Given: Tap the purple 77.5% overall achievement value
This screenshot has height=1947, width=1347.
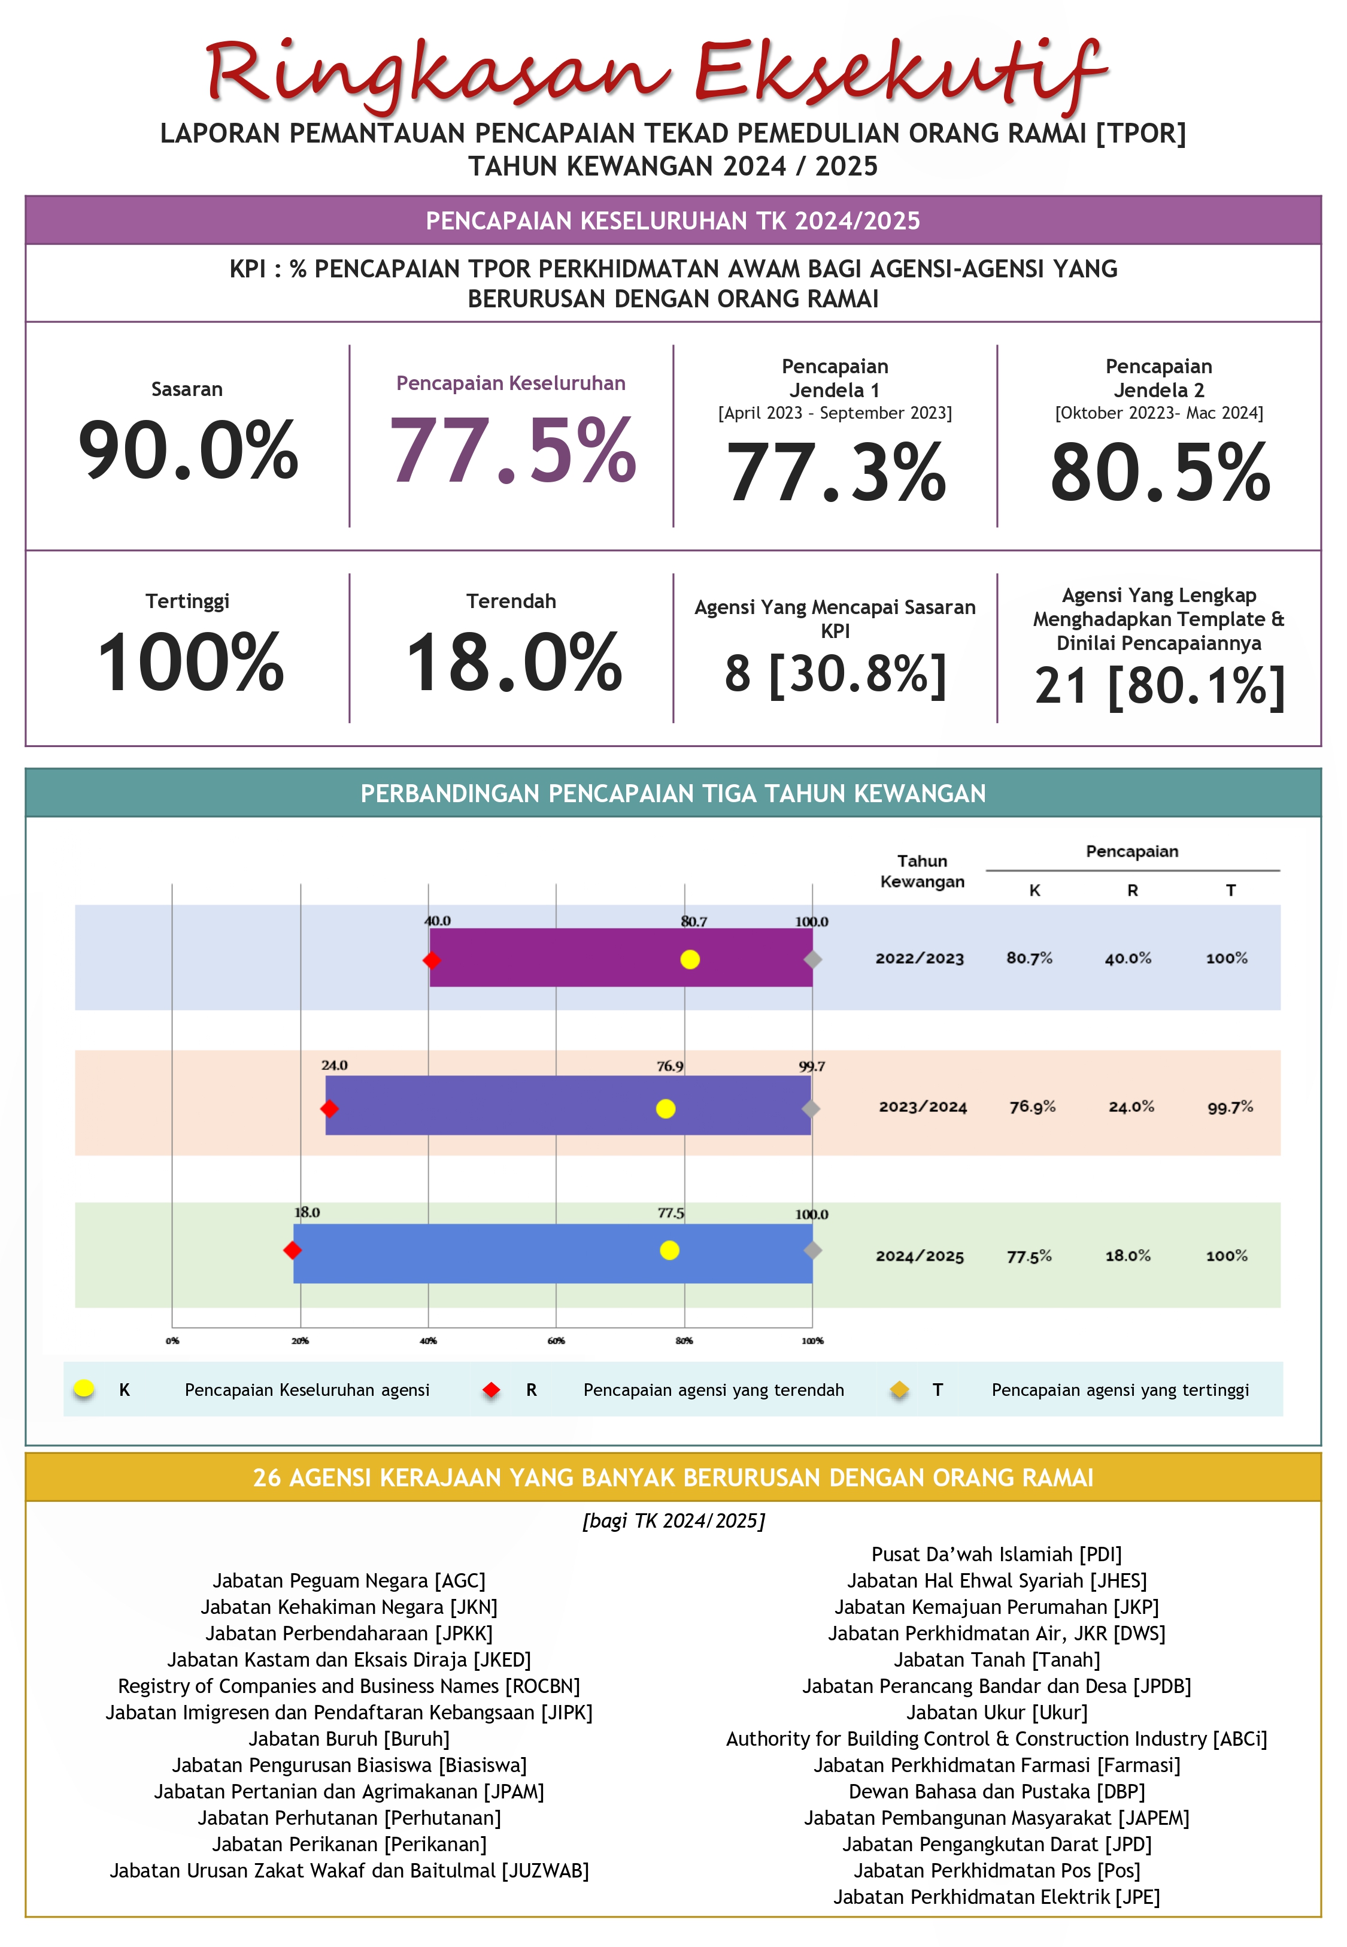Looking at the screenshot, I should [x=511, y=451].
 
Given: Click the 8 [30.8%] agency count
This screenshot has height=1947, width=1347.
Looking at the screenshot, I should [x=835, y=674].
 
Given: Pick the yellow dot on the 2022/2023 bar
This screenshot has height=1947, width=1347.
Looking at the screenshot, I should [x=690, y=959].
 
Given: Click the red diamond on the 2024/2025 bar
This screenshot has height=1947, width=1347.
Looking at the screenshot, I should [x=292, y=1250].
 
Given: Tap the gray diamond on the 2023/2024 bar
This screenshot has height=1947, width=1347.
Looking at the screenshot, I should [x=810, y=1108].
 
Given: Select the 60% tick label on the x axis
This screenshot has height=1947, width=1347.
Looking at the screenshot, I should [x=556, y=1341].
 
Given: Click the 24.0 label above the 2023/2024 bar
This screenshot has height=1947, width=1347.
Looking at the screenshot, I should [x=334, y=1066].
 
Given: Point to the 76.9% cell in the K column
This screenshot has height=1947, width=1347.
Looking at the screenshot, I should [x=1032, y=1107].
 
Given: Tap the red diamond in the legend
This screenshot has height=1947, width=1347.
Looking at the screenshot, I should [x=491, y=1390].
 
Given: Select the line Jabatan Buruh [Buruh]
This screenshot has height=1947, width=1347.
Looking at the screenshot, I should [x=348, y=1739].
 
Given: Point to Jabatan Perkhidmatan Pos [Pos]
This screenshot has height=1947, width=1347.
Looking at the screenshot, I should [x=996, y=1870].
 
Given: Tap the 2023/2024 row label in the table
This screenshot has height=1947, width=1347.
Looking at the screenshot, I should [x=923, y=1107].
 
